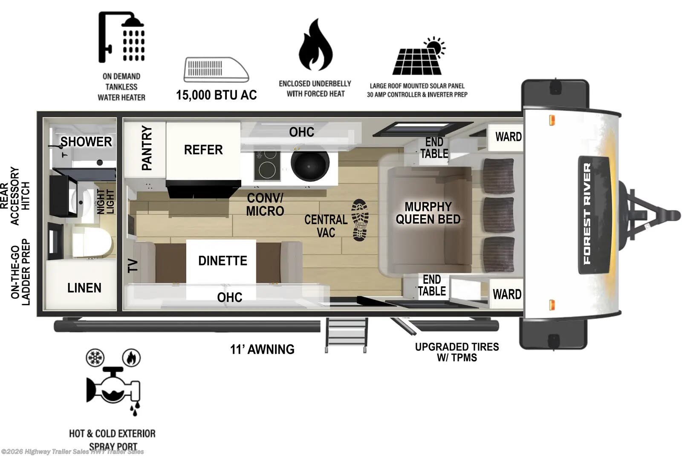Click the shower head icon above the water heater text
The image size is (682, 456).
[121, 38]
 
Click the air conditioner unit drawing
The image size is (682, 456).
[216, 69]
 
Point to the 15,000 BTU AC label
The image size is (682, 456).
[216, 95]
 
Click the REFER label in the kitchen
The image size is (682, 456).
[203, 150]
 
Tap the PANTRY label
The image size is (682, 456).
[146, 148]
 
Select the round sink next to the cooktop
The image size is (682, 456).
[310, 165]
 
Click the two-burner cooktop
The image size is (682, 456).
[267, 165]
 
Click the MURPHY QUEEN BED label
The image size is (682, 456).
[428, 213]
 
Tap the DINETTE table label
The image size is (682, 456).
[223, 261]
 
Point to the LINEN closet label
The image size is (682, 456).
[84, 288]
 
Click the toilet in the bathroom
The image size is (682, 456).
[92, 242]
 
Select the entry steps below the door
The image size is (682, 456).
[346, 335]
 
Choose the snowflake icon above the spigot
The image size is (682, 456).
[95, 358]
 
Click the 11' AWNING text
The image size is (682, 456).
[262, 349]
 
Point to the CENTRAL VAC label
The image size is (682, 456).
[326, 226]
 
